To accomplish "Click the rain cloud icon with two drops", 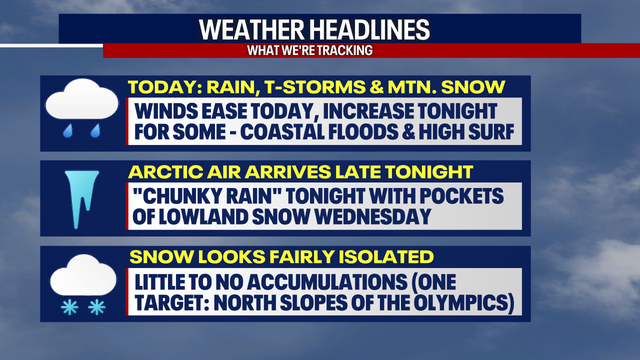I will (x=78, y=110).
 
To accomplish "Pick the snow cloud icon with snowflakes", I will (x=78, y=286).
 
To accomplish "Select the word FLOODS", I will (x=394, y=131).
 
